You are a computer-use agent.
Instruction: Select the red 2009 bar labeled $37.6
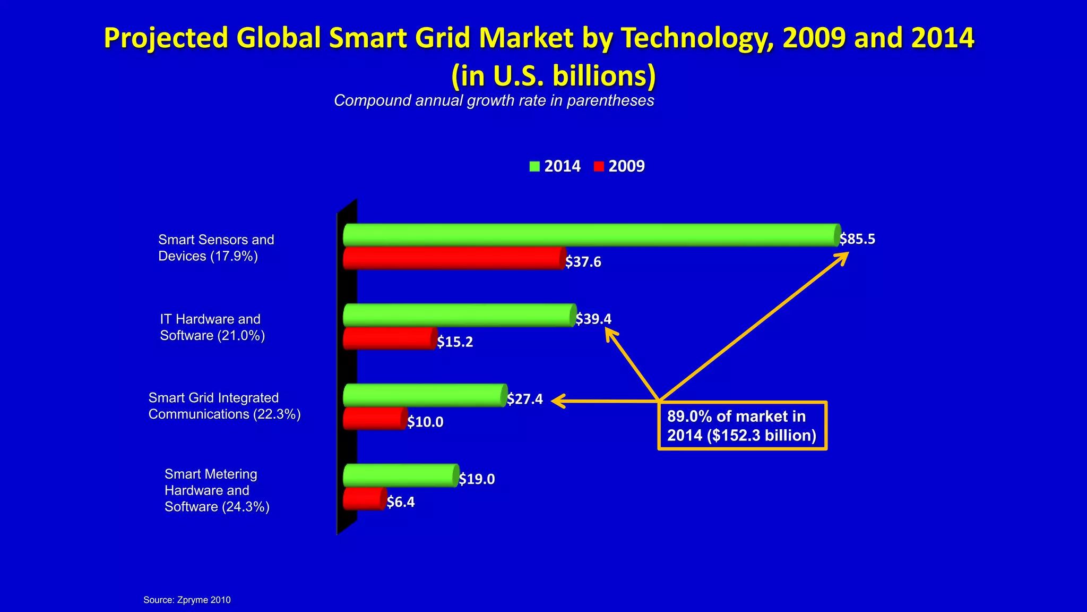click(453, 258)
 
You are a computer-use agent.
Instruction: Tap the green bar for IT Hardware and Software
click(459, 315)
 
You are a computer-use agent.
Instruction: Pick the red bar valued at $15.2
click(390, 338)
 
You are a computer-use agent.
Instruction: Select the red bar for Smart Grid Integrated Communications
click(375, 419)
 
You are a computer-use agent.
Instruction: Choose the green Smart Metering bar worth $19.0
click(401, 475)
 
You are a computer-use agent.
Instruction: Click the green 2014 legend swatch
click(534, 166)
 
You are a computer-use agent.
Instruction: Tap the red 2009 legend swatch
click(599, 166)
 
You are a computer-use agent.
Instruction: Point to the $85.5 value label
click(858, 239)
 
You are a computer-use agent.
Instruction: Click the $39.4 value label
click(594, 319)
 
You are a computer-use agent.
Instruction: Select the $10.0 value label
click(426, 422)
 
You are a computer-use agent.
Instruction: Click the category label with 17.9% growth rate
click(216, 248)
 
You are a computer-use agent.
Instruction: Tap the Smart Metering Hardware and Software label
click(217, 490)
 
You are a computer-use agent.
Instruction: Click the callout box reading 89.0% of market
click(742, 426)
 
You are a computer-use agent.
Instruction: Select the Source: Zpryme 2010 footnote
click(187, 600)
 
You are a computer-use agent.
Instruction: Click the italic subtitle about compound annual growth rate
click(494, 100)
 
